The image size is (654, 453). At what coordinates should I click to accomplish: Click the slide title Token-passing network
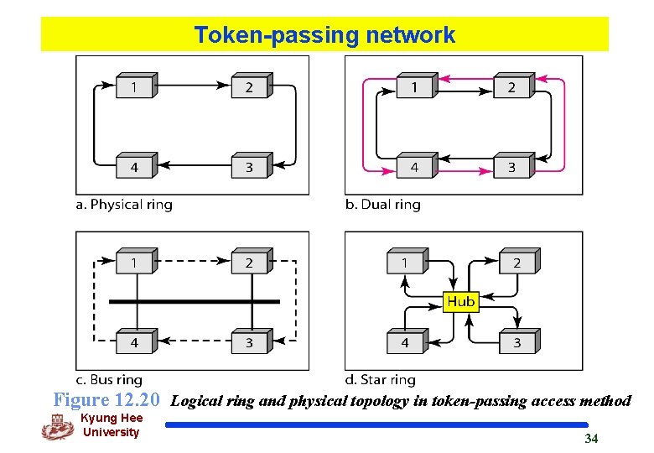(324, 35)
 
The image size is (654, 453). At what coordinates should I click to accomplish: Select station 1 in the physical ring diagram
(135, 86)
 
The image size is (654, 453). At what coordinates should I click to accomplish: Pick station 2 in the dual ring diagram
(512, 86)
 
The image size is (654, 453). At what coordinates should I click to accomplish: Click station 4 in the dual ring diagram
(415, 166)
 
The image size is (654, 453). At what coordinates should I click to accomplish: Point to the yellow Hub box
(460, 301)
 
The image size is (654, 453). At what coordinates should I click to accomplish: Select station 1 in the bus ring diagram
(135, 262)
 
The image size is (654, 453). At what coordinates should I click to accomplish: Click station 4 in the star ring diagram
(406, 341)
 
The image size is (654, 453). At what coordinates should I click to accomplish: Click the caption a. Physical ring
(124, 205)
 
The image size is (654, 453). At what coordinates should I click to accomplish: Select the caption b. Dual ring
(382, 205)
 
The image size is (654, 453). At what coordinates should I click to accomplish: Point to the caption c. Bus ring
(109, 380)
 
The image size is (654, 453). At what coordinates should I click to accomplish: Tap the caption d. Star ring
(380, 380)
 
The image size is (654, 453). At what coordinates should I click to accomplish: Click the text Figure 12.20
(106, 400)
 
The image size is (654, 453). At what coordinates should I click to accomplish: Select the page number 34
(591, 439)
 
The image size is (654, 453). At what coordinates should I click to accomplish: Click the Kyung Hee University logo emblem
(58, 426)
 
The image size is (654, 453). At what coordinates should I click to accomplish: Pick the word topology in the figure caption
(380, 401)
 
